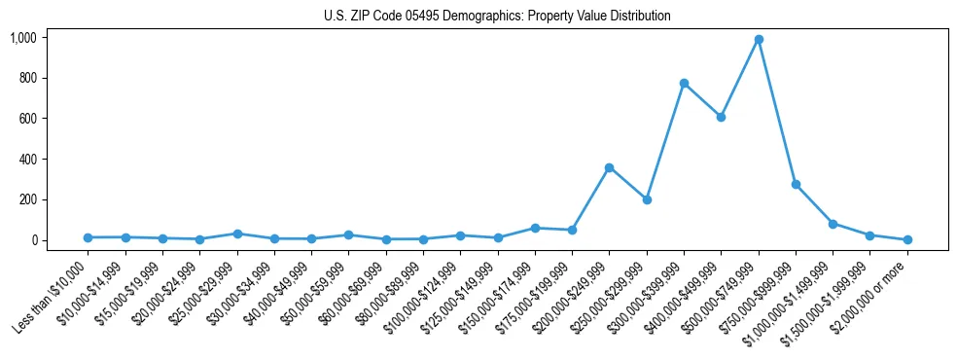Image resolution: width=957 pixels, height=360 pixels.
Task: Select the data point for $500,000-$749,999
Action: (x=759, y=40)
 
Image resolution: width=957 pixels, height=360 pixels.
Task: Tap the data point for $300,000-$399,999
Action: (x=684, y=84)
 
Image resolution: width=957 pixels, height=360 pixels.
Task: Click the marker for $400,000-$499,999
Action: (x=721, y=117)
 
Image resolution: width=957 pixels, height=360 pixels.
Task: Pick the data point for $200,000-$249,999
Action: (x=609, y=167)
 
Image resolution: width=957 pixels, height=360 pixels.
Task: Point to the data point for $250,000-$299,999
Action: (x=647, y=199)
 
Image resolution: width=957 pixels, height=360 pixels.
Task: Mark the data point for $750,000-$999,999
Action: (x=796, y=184)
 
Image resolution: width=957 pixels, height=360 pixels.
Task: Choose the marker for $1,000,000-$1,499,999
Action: (x=833, y=224)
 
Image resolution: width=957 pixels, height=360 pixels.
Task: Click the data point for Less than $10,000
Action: (x=88, y=237)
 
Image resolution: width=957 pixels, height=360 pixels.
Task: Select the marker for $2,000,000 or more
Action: (x=907, y=239)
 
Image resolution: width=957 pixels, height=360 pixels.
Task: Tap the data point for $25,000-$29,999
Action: (x=237, y=234)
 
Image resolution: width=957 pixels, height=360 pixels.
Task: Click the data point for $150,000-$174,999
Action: (x=535, y=228)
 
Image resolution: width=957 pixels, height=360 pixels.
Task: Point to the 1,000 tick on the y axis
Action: (x=22, y=38)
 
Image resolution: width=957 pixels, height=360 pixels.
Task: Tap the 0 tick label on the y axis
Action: (x=33, y=240)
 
